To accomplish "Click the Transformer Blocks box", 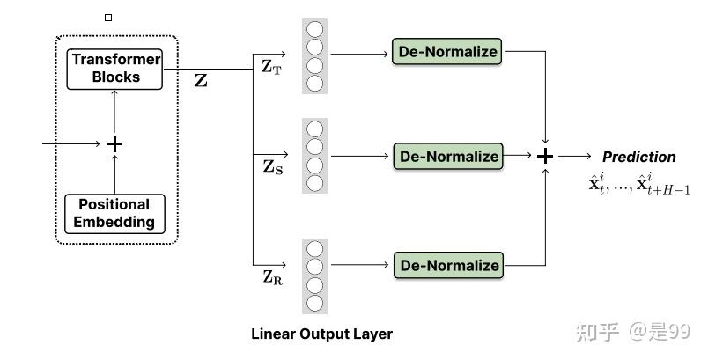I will [115, 69].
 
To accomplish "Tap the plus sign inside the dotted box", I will [114, 143].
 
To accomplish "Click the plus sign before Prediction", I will [546, 156].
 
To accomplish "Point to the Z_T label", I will [272, 67].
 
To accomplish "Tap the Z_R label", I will [272, 277].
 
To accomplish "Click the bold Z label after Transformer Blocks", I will [201, 81].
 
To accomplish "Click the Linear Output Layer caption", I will [321, 334].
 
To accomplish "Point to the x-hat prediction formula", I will [640, 186].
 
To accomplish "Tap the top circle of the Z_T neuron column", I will [314, 29].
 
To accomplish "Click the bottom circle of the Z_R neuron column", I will [314, 304].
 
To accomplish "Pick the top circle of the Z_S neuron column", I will [314, 129].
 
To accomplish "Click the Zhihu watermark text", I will [632, 331].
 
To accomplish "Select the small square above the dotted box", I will [108, 17].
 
